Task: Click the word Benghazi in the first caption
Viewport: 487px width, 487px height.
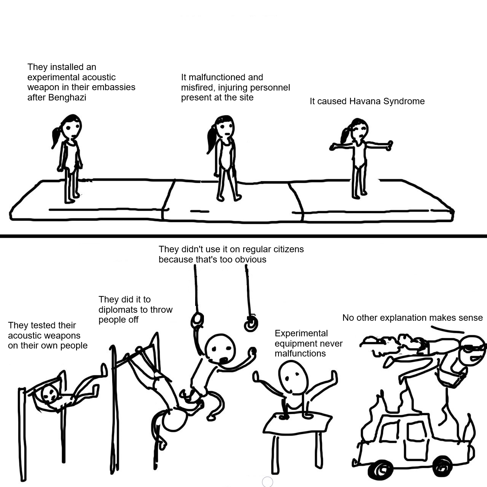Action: pos(67,97)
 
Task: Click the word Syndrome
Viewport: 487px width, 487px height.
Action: pos(404,102)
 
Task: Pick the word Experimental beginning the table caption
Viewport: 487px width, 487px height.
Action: pos(301,334)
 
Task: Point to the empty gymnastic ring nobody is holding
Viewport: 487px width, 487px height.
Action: pos(251,324)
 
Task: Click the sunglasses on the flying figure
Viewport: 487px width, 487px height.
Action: pos(475,348)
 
